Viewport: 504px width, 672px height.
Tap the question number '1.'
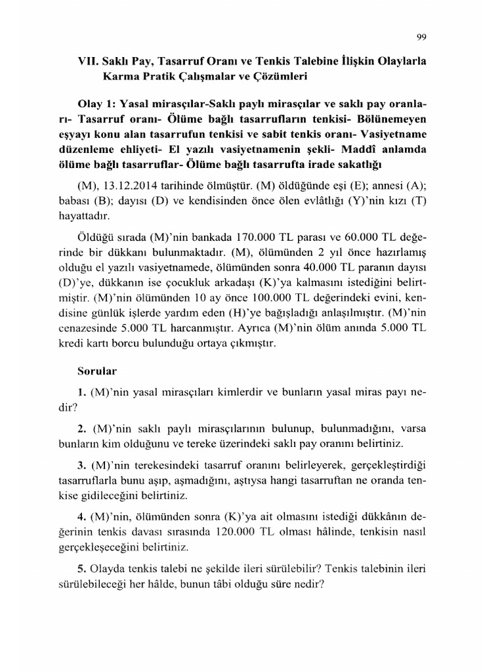coord(82,392)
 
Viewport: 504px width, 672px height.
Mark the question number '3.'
coord(82,465)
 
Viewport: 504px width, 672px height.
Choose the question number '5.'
coord(82,568)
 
